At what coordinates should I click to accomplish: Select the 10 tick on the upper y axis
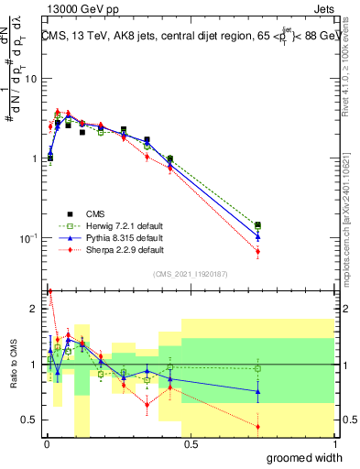[29, 78]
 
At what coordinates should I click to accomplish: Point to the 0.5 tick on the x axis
[189, 444]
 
